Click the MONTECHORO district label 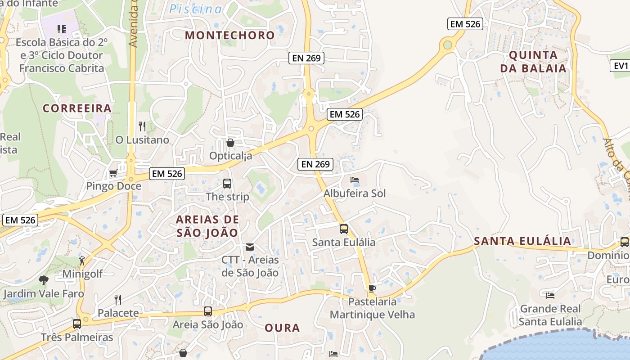coord(229,35)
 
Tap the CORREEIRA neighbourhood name coord(77,108)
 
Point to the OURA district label coord(282,328)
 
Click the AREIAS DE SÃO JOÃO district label coord(207,226)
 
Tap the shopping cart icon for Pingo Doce coord(113,173)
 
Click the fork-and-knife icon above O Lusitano coord(142,126)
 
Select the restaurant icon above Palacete coord(118,299)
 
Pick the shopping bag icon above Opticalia coord(230,143)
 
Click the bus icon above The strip coord(227,184)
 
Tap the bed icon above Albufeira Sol coord(355,180)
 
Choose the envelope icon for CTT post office coord(250,247)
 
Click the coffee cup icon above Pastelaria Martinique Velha coord(372,288)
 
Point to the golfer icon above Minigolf coord(82,261)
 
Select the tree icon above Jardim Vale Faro coord(44,280)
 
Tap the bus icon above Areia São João coord(208,311)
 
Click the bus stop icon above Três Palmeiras coord(77,324)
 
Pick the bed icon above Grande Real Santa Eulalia coord(550,296)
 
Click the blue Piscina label coord(196,9)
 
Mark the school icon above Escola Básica coord(62,29)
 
